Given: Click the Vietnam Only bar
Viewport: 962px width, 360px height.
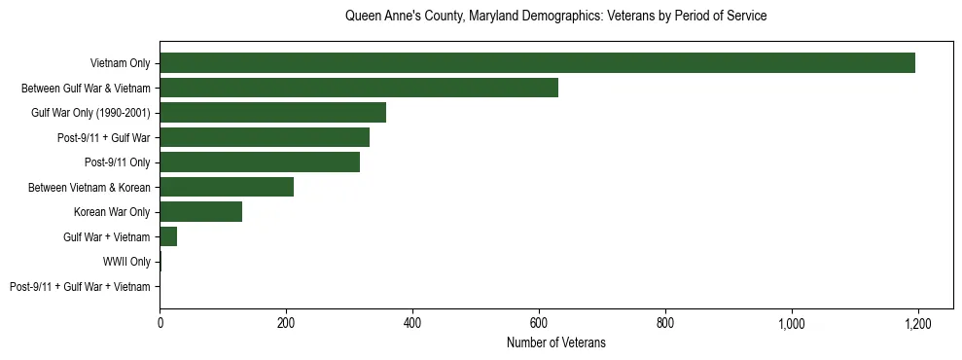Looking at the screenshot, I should click(x=537, y=63).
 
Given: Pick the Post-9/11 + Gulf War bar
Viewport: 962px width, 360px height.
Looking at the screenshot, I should click(x=265, y=137).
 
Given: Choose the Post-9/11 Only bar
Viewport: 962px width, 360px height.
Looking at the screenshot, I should click(x=260, y=162).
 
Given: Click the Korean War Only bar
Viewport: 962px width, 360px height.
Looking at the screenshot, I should click(x=200, y=212).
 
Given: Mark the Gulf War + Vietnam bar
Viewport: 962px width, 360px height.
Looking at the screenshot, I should click(x=168, y=236).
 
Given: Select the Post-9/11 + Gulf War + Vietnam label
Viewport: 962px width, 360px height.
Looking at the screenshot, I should click(x=80, y=287).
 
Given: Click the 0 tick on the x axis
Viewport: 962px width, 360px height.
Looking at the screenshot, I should click(x=160, y=322).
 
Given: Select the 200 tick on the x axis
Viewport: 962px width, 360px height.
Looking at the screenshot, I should click(x=286, y=322).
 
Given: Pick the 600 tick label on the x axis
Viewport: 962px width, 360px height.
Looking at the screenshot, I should click(x=539, y=322).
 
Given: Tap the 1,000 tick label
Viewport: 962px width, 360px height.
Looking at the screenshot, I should click(x=792, y=322).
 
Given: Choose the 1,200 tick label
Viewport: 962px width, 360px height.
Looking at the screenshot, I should click(x=918, y=322).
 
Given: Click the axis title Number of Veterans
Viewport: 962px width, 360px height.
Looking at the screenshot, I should click(x=556, y=342).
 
